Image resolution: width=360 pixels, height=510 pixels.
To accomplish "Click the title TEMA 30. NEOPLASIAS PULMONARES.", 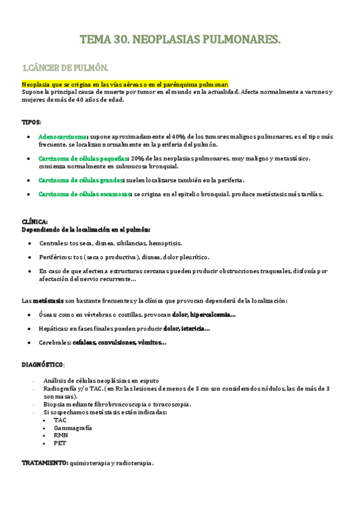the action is [180, 40].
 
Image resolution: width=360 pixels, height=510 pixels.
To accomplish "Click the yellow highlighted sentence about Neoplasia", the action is [125, 84].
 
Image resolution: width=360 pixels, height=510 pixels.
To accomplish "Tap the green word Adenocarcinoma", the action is [63, 137].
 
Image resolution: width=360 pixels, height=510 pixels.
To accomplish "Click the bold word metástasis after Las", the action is [48, 300].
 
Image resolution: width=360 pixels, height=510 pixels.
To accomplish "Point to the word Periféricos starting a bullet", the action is [55, 257].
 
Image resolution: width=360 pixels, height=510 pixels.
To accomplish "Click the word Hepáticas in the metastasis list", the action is [53, 328].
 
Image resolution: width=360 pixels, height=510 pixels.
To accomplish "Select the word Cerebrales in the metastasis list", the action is [55, 343].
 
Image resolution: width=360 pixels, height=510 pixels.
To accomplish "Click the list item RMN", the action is [61, 435].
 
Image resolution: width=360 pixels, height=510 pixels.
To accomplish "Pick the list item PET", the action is [59, 443].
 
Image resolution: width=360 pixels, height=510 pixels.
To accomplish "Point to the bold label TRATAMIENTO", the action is [44, 464].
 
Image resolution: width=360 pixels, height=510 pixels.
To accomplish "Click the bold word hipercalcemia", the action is [211, 315].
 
